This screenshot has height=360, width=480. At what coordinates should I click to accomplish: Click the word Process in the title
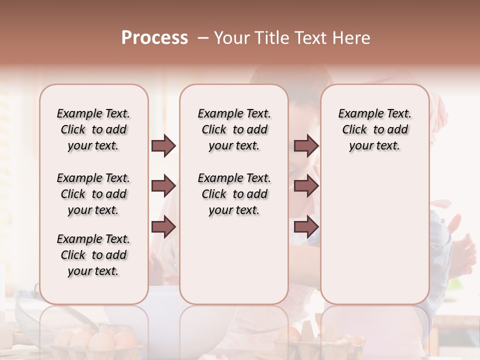point(154,38)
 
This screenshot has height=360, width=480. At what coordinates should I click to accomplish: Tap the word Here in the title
point(350,38)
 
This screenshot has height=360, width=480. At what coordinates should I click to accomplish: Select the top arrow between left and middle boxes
point(163,146)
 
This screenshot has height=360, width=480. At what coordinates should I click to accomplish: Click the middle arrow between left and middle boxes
point(163,186)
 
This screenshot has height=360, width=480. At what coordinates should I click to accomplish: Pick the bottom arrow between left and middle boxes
point(163,227)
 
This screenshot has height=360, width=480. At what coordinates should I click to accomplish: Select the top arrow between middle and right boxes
point(306,146)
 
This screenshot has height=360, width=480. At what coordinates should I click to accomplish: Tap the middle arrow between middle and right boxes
point(306,186)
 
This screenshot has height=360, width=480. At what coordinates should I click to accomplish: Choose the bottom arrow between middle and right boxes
point(306,227)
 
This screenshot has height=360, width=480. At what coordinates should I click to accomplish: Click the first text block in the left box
point(93,129)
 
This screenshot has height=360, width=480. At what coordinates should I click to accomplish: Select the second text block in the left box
point(93,194)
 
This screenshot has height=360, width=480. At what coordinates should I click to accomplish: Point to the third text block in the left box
point(93,255)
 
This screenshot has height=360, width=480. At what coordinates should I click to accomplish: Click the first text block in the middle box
point(234,129)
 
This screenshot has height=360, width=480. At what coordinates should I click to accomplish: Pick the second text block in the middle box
point(234,194)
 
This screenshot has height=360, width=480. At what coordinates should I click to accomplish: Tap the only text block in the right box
point(374,129)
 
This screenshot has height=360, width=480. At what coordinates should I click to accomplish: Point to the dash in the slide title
point(202,38)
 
